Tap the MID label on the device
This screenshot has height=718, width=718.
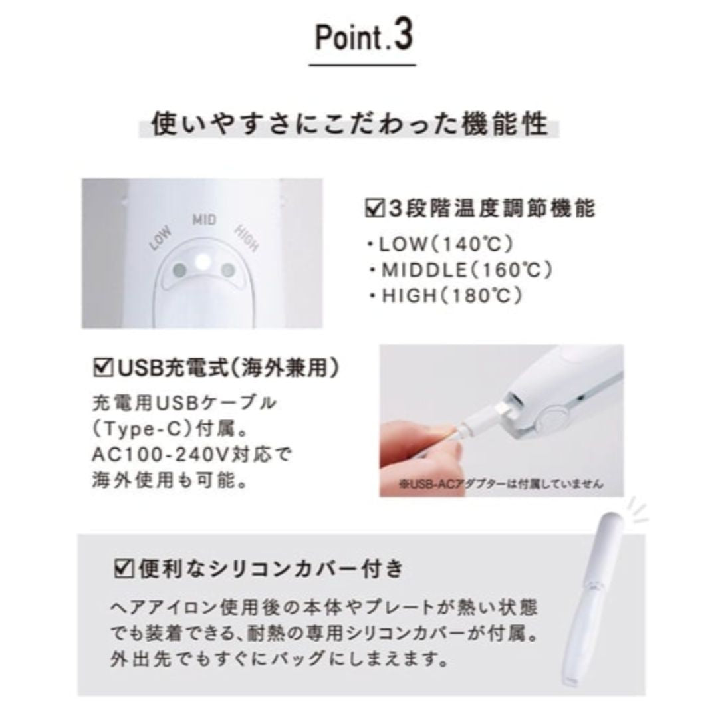coord(204,220)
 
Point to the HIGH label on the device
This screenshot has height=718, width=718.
coord(247,238)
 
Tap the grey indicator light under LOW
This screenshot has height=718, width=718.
coord(179,270)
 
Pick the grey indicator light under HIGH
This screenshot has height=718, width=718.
coord(227,270)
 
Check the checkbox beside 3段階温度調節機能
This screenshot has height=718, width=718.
coord(375,209)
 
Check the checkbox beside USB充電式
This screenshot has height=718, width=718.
coord(103,368)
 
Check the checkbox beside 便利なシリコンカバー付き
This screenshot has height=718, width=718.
coord(124,569)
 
